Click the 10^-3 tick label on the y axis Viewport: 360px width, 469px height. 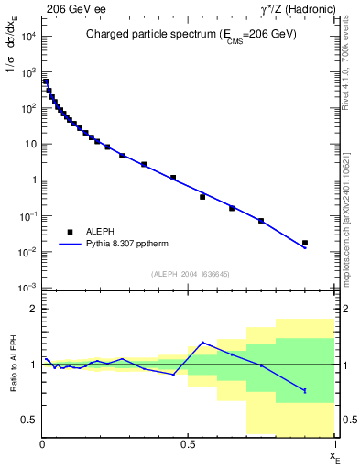(x=27, y=288)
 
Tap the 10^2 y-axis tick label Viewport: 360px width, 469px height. (x=27, y=108)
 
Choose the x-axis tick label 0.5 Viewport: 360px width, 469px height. (x=188, y=444)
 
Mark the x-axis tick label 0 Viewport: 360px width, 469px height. (x=42, y=444)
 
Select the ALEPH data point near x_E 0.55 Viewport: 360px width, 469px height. (x=202, y=197)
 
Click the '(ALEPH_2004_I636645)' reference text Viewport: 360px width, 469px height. (x=189, y=274)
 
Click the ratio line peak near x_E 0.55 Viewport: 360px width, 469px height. (x=202, y=343)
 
